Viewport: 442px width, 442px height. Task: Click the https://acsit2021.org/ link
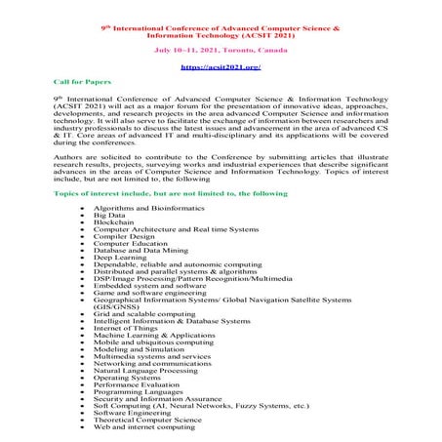click(x=221, y=67)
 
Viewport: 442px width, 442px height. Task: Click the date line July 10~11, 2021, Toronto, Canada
click(x=221, y=46)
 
